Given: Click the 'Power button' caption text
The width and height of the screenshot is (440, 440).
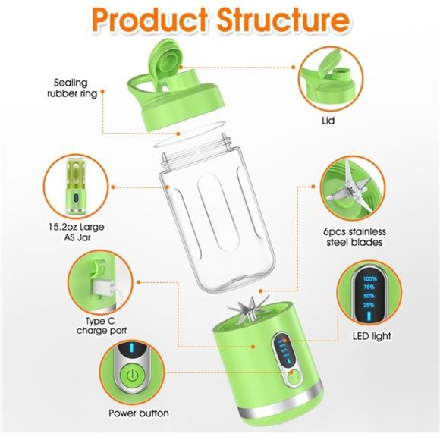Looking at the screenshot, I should [138, 413].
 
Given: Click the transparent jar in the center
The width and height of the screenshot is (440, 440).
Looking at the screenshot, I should [218, 220].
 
